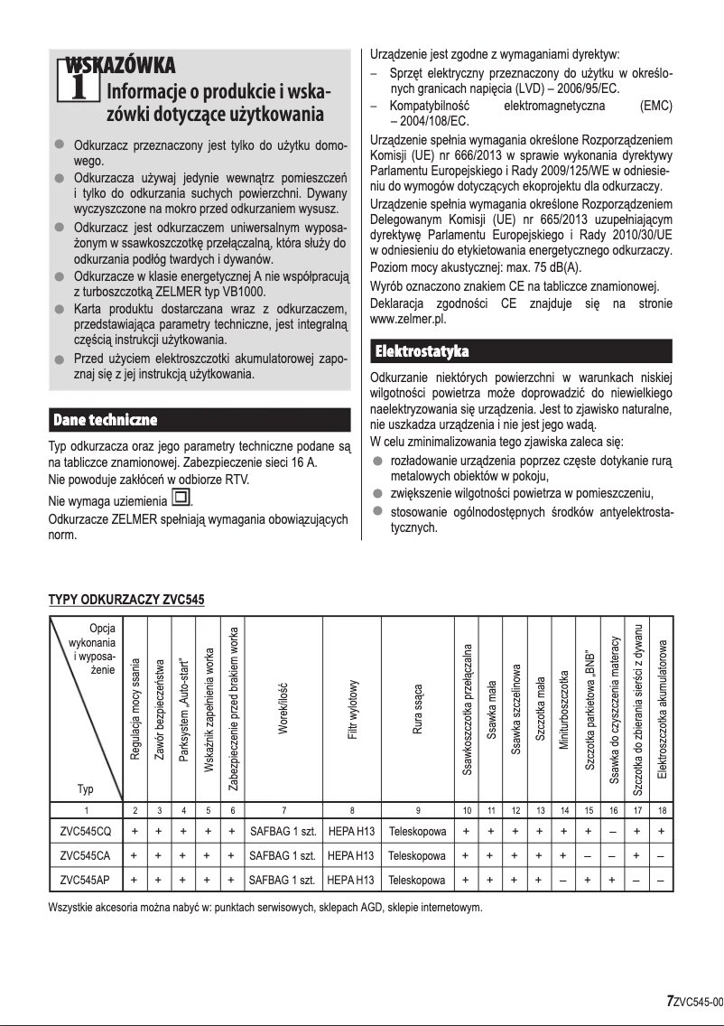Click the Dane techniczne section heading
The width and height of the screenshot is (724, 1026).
point(106,420)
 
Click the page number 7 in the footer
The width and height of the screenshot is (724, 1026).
point(669,1001)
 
